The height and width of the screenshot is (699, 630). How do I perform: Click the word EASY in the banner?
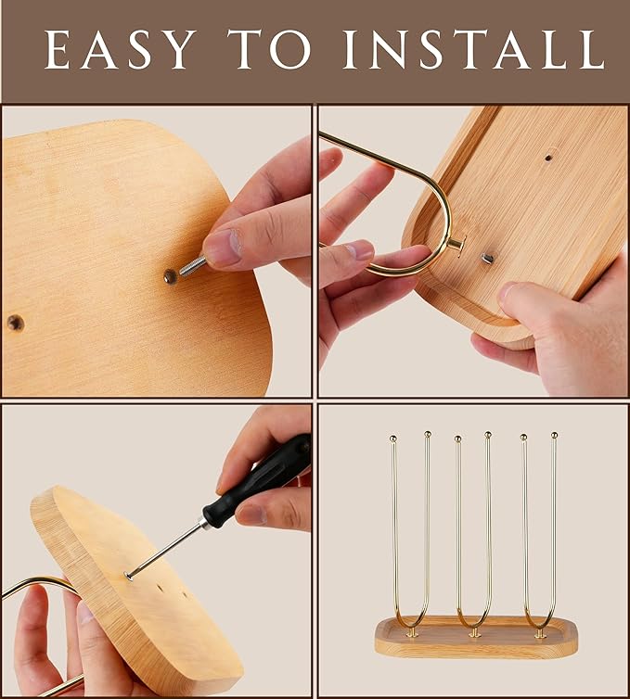[x=121, y=49]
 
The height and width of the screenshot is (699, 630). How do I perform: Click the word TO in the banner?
[x=269, y=49]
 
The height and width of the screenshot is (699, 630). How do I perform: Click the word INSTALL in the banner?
[x=474, y=49]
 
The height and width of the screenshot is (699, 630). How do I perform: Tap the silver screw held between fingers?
[x=193, y=266]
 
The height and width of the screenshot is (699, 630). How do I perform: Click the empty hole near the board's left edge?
[x=16, y=323]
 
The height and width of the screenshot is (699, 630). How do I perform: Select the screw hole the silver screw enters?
[x=170, y=277]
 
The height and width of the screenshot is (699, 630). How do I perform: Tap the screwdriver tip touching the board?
[x=129, y=578]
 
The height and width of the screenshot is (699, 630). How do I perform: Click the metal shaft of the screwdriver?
[x=166, y=550]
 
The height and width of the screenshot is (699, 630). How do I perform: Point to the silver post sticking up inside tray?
[x=486, y=258]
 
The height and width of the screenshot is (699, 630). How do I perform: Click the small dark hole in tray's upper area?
[x=548, y=158]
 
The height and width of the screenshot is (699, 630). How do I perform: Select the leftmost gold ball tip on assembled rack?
[x=393, y=438]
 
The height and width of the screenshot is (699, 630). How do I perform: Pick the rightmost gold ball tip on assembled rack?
[x=554, y=435]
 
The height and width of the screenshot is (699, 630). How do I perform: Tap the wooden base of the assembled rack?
[x=476, y=638]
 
